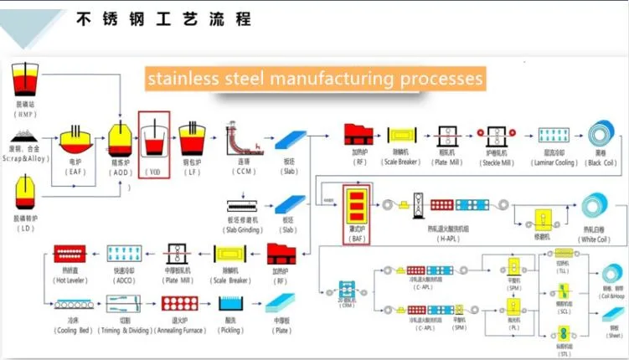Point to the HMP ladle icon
[x=26, y=80]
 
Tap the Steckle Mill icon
[x=498, y=136]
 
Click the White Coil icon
[x=597, y=208]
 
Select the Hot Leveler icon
[x=71, y=253]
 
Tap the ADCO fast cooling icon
[x=125, y=253]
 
